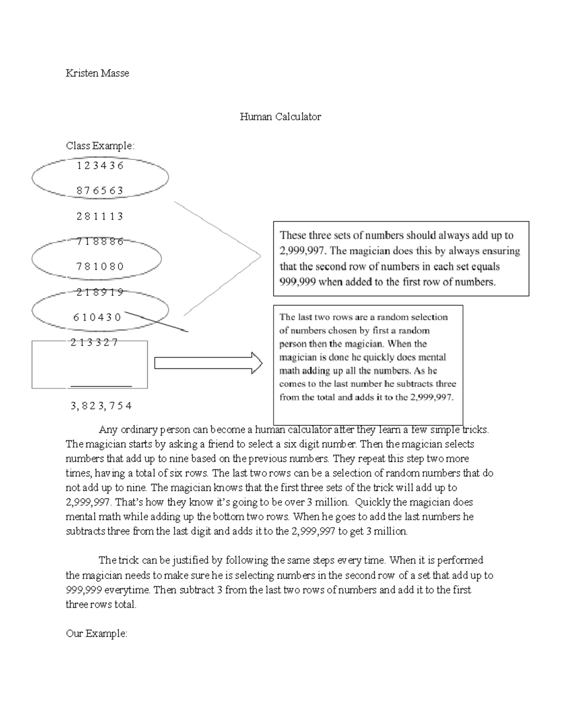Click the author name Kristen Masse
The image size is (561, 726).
tap(97, 73)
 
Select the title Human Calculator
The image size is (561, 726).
tap(280, 117)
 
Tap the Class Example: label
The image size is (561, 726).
tap(100, 146)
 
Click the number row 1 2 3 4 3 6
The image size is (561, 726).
tap(100, 165)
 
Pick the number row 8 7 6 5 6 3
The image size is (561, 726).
tap(100, 191)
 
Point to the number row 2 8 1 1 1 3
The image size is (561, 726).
tap(100, 216)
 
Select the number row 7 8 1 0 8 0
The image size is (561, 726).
tap(100, 266)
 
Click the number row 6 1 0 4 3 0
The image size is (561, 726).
tap(97, 317)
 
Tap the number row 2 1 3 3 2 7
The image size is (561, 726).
tap(94, 342)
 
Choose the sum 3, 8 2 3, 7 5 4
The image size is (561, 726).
tap(101, 406)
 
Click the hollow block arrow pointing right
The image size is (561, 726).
tap(208, 363)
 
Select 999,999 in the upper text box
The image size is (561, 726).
tap(298, 282)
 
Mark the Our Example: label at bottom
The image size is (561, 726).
tap(96, 634)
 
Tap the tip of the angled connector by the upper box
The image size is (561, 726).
tap(260, 255)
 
